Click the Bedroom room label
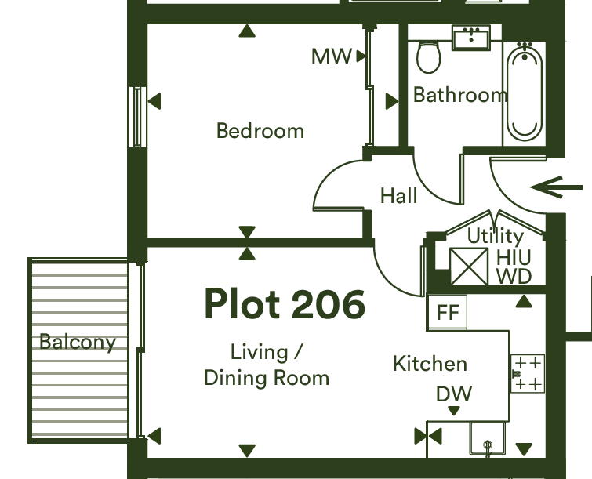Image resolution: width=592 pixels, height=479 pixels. [x=260, y=131]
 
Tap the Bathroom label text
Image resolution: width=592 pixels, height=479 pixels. [x=459, y=95]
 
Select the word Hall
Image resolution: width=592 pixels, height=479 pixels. [x=398, y=195]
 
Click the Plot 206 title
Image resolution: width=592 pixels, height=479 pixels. [x=285, y=304]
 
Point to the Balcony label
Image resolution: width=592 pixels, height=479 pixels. [x=78, y=343]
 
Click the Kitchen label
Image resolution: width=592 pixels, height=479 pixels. [x=430, y=364]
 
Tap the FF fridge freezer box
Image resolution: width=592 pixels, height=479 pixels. [x=448, y=312]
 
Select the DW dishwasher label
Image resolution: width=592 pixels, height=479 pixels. [x=454, y=394]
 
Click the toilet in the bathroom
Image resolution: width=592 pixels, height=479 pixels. [x=429, y=56]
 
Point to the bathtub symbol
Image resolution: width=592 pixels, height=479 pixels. [x=525, y=92]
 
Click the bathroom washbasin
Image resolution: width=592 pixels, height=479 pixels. [x=471, y=38]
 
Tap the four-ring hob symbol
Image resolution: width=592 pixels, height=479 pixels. [x=528, y=374]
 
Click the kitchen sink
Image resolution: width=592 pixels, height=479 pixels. [x=488, y=438]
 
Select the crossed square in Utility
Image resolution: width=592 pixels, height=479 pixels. [x=469, y=267]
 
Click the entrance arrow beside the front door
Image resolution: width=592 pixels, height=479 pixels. [x=556, y=187]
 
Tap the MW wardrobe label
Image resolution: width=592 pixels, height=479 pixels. [x=331, y=56]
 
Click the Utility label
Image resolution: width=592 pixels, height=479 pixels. [x=496, y=236]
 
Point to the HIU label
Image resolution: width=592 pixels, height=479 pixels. [x=514, y=258]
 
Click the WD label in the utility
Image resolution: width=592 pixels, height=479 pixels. [x=514, y=276]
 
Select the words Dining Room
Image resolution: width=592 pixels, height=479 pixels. [x=267, y=378]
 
